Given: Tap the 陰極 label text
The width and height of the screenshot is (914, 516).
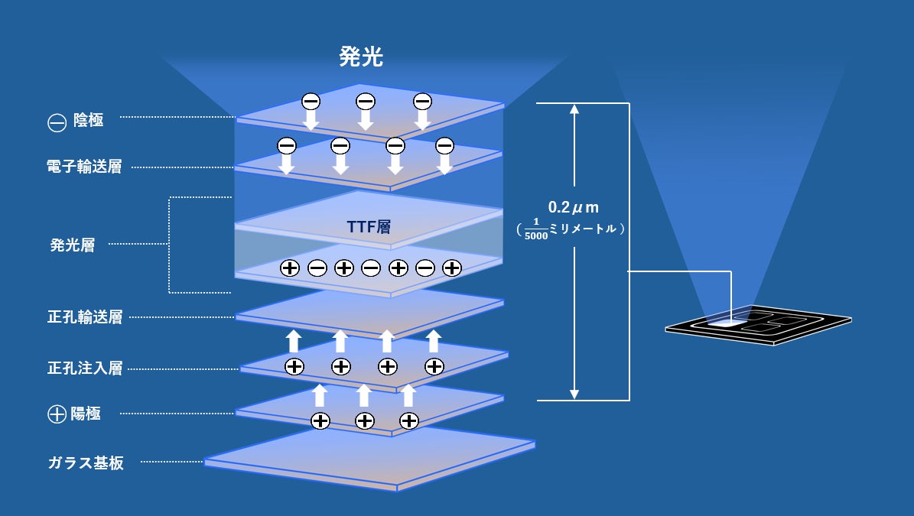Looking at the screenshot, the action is (88, 121).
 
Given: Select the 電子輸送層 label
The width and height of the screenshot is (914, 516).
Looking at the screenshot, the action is (84, 167).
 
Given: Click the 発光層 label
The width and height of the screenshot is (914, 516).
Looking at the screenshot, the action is (73, 245).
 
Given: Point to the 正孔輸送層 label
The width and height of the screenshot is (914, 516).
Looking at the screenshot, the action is (84, 316).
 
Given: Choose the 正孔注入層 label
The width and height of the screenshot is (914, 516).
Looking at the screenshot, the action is (84, 368).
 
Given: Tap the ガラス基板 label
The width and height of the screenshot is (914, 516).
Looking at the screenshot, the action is (86, 462).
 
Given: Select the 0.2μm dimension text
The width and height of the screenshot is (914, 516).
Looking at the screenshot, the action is (573, 207).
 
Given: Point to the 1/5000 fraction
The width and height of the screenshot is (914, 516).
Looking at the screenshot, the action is (538, 229).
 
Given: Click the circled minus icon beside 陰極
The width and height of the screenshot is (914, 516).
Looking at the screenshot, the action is (57, 122).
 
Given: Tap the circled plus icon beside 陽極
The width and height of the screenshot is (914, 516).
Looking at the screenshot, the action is (57, 415).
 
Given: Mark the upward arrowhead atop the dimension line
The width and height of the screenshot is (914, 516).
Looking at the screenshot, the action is (574, 109).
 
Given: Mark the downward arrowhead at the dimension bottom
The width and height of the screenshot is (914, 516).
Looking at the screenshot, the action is (574, 394).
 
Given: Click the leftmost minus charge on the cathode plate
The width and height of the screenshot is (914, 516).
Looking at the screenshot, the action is (311, 101).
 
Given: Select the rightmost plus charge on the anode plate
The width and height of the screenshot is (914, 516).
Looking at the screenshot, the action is (409, 420).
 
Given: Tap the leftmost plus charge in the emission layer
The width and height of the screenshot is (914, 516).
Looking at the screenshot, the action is (289, 268).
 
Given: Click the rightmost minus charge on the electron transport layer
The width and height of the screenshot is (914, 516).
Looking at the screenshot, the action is (444, 145).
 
